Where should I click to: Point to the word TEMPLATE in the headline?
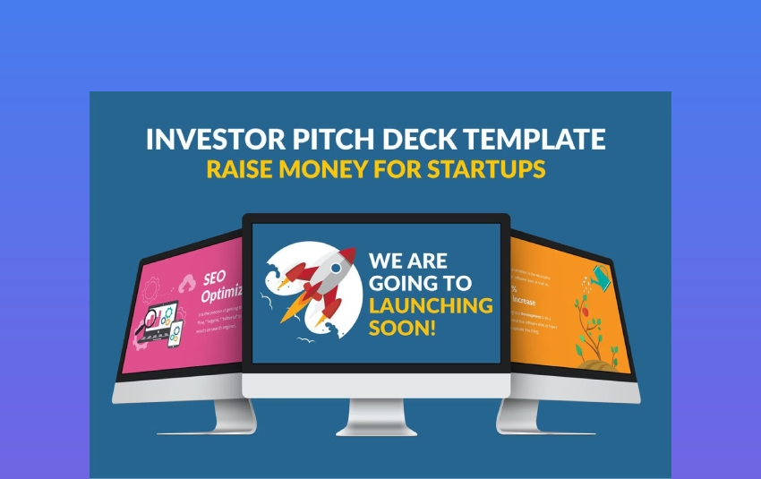pyautogui.click(x=533, y=141)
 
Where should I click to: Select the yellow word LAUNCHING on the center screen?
pyautogui.click(x=431, y=305)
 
